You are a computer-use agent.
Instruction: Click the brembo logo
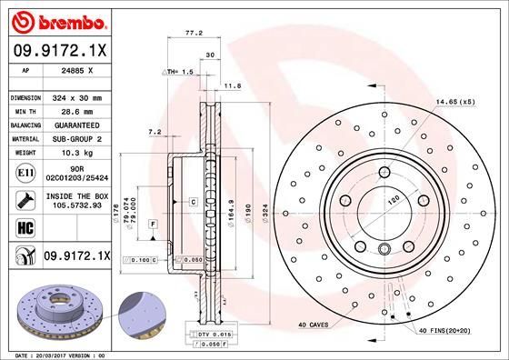click(58, 19)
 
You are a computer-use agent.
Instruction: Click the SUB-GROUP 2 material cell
click(83, 138)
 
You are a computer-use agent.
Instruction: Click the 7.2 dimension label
click(155, 132)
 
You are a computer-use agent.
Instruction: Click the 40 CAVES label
click(314, 325)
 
